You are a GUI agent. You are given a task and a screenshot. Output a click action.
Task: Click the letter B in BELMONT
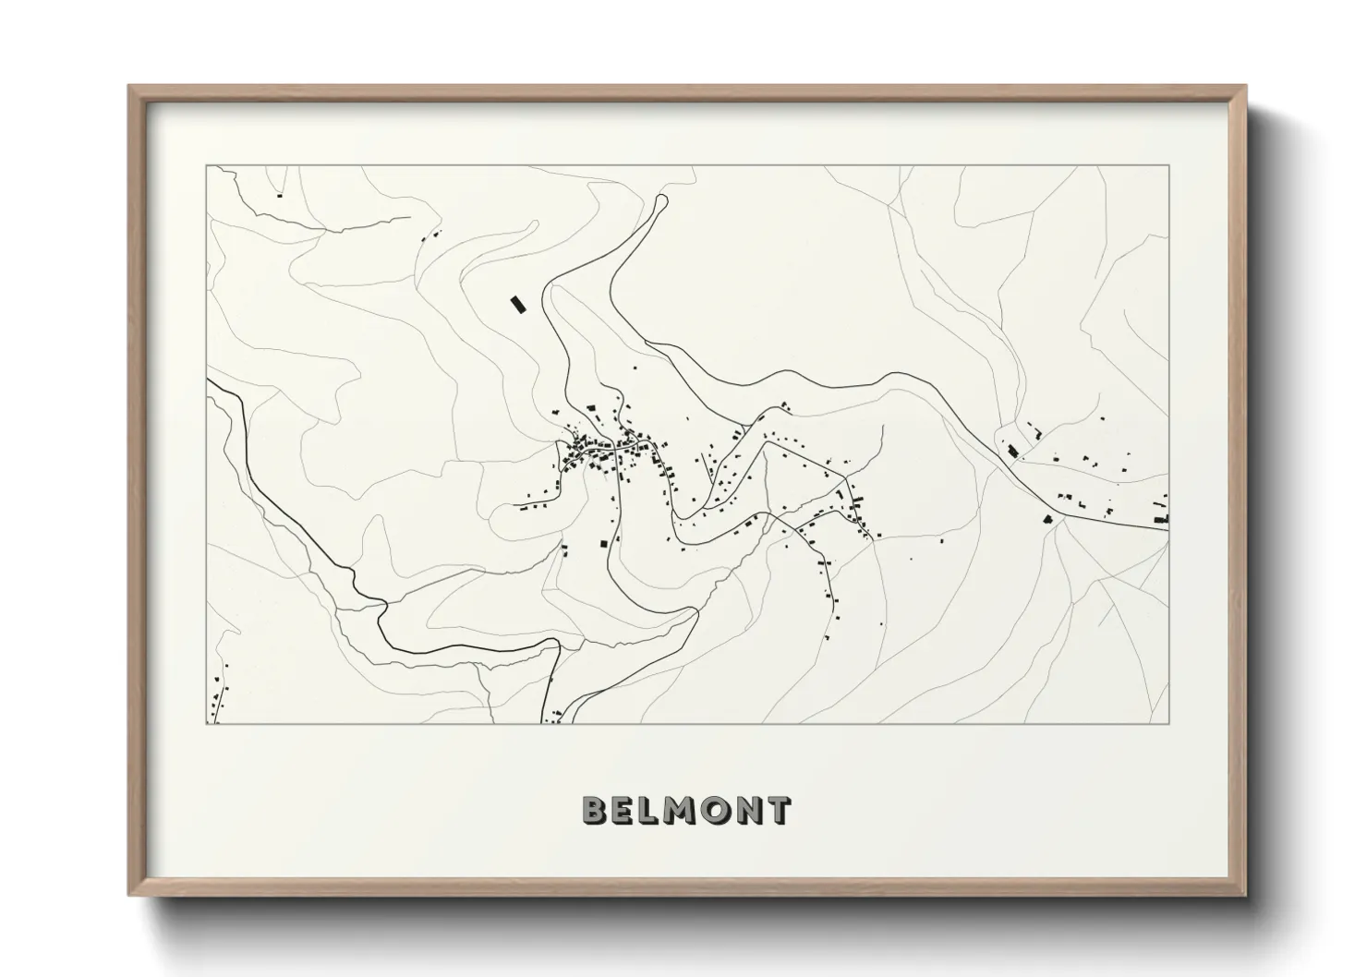594,810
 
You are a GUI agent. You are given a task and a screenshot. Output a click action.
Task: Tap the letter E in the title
623,810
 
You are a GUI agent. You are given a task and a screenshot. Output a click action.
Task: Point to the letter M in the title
680,810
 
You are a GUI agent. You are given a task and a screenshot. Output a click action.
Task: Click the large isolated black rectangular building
517,304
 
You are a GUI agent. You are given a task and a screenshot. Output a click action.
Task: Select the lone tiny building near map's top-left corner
279,195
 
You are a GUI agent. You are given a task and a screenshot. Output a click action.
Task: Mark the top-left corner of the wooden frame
130,87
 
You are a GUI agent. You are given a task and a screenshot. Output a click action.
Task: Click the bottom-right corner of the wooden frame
1246,895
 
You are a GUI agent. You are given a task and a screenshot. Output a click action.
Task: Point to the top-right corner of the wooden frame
1246,87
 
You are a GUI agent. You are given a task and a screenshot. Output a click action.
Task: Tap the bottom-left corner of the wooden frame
130,895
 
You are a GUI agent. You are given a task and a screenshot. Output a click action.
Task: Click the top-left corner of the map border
206,166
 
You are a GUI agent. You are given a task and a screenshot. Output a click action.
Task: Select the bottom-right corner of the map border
1169,723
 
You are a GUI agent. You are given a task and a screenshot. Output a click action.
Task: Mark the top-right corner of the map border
1169,166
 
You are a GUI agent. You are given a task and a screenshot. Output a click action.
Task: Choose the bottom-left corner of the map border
206,723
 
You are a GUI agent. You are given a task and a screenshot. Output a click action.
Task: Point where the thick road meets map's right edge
1168,527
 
